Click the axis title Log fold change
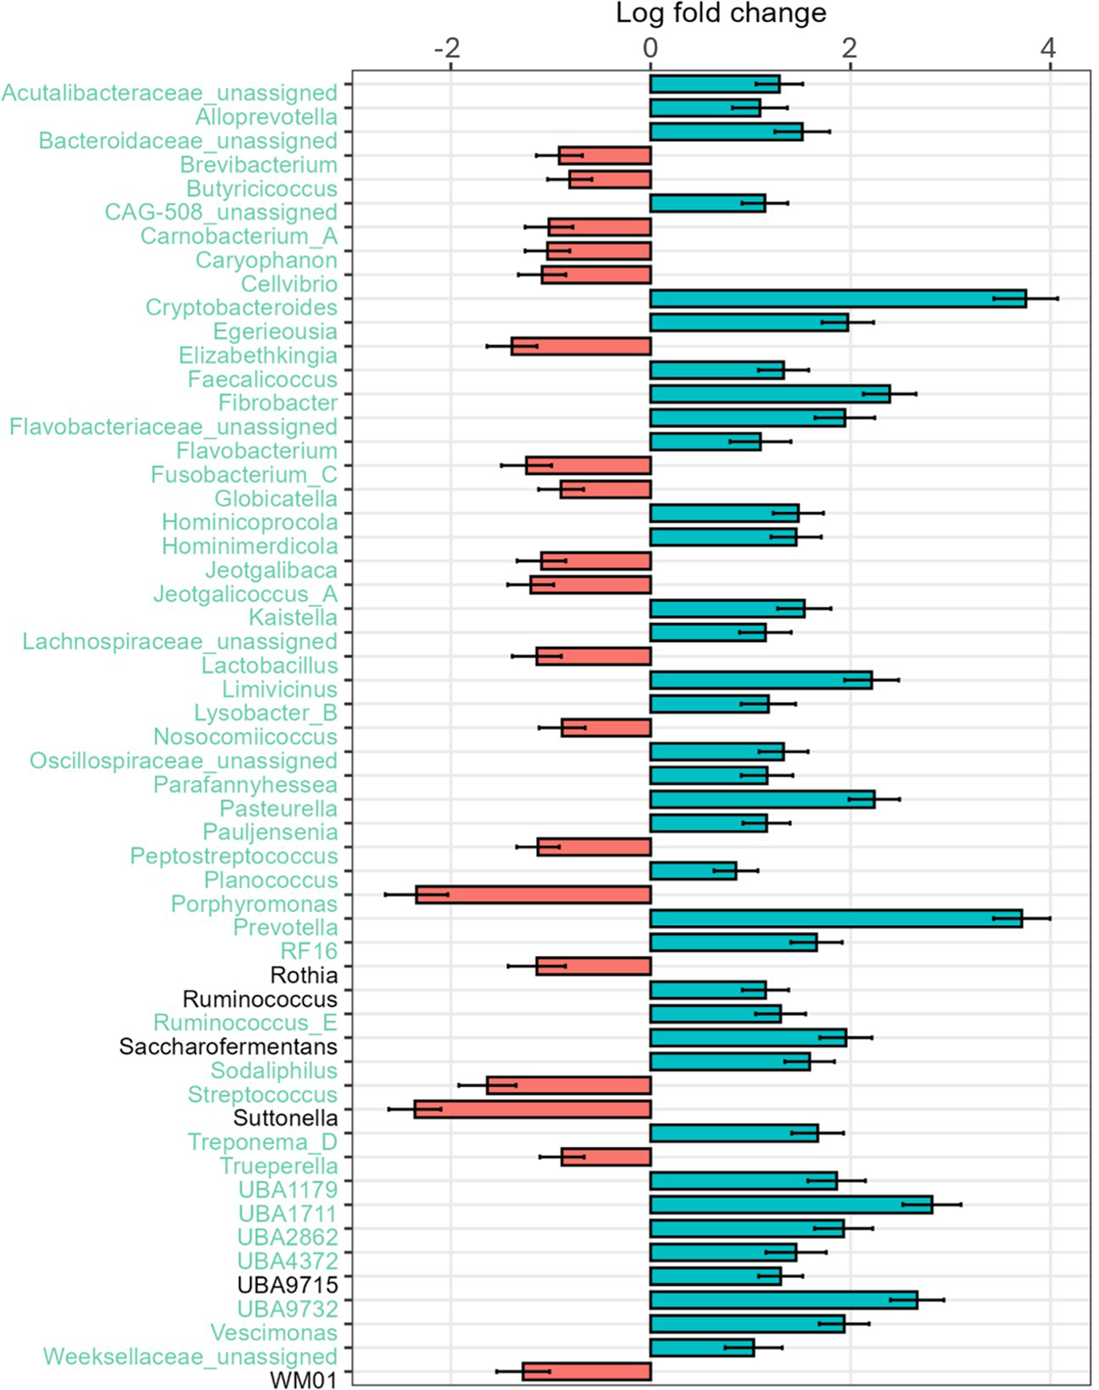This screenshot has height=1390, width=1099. tap(721, 13)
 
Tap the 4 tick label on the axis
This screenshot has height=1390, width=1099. tap(1049, 48)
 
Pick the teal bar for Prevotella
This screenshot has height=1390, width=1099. tap(836, 919)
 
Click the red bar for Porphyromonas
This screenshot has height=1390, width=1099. tap(533, 895)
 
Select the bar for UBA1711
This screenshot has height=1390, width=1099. tap(791, 1205)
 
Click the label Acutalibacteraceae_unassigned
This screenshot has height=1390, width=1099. tap(170, 93)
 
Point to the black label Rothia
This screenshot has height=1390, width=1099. tap(304, 975)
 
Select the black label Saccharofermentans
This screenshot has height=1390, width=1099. tap(229, 1046)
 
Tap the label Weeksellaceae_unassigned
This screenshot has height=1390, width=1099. tap(190, 1357)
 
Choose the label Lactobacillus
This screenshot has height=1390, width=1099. tap(270, 665)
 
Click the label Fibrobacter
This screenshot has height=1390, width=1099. tap(278, 403)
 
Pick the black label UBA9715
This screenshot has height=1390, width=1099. tap(288, 1285)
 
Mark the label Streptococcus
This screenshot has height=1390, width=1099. tap(263, 1094)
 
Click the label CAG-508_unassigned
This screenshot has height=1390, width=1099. tap(221, 212)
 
